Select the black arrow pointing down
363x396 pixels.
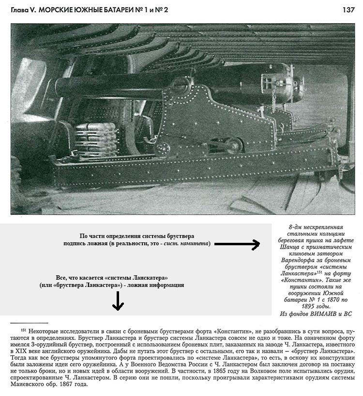(118, 303)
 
